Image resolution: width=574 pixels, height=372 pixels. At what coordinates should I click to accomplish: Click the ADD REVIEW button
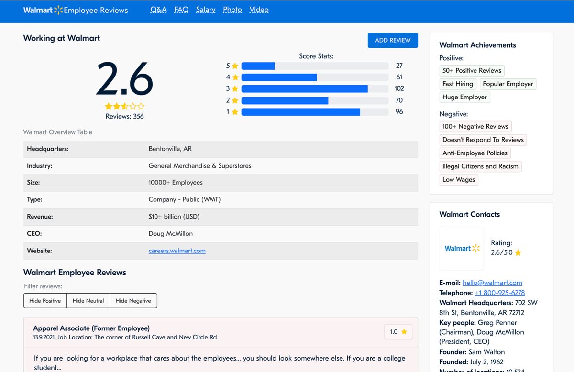coord(393,40)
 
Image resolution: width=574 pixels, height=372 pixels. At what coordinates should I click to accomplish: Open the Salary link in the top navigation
coord(206,10)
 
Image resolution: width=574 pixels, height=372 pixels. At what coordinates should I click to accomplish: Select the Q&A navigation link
coord(158,10)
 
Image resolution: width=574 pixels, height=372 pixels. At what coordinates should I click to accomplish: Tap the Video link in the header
coord(259,10)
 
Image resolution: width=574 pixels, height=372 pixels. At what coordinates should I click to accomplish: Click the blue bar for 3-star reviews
coord(305,88)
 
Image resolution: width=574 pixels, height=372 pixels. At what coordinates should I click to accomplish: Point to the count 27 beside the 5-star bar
coord(399,66)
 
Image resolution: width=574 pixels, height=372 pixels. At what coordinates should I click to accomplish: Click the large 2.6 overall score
coord(124,79)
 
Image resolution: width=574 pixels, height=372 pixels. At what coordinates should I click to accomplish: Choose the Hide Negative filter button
coord(133,301)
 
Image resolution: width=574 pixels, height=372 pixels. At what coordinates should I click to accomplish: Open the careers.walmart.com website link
coord(177,251)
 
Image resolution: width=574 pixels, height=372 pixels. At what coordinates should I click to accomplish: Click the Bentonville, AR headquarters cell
coord(170,149)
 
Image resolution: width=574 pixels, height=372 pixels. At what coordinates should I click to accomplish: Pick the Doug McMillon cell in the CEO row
coord(171,234)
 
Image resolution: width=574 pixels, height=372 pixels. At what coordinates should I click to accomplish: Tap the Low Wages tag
coord(459,180)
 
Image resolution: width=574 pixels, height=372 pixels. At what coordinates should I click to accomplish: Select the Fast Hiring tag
coord(458,84)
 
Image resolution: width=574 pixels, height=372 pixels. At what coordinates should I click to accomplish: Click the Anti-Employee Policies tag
coord(475,153)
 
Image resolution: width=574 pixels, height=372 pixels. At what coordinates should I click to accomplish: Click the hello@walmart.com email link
coord(492,283)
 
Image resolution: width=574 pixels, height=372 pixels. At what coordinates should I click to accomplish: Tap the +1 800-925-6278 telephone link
coord(499,293)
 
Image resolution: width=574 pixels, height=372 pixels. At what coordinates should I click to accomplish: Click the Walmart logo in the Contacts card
coord(462,248)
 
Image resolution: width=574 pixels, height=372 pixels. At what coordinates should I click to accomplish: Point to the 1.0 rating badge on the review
coord(398,332)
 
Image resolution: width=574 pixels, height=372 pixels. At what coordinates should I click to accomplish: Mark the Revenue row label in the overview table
coord(40,217)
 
